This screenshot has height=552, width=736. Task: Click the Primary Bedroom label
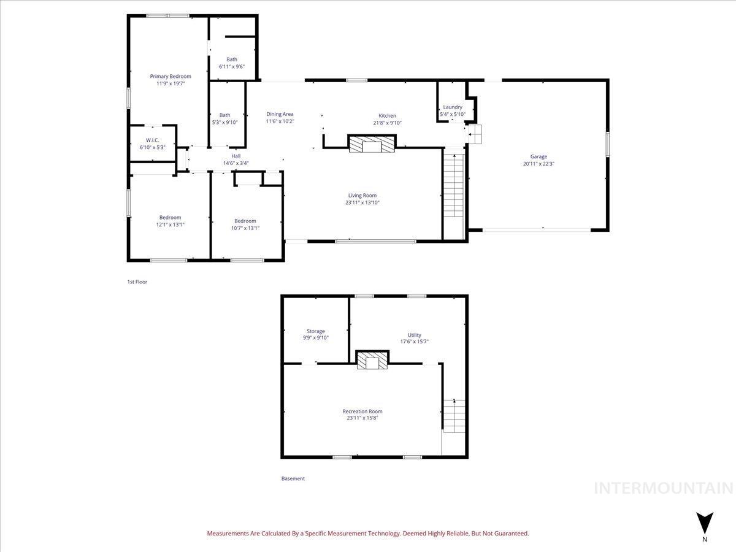(171, 77)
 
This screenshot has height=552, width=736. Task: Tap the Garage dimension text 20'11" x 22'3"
(539, 164)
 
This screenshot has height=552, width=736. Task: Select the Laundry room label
(453, 107)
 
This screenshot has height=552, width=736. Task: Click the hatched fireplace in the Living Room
(372, 144)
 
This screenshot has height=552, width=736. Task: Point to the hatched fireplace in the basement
(373, 361)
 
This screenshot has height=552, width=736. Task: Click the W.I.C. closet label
(153, 140)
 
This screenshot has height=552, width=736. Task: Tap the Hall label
(236, 156)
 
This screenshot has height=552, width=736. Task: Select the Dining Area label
(280, 114)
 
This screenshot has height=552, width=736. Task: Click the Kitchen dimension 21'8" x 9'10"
(387, 123)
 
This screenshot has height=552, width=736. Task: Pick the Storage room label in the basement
(316, 331)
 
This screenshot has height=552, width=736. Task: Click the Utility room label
(415, 335)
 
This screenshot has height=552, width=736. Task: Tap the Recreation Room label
(362, 412)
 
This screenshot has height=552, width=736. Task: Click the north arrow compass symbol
(705, 523)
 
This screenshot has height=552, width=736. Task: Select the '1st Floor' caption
(137, 282)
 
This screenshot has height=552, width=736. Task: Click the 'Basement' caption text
(293, 478)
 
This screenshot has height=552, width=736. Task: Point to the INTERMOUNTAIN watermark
(664, 488)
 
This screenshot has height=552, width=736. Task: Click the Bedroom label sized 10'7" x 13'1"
(245, 221)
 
